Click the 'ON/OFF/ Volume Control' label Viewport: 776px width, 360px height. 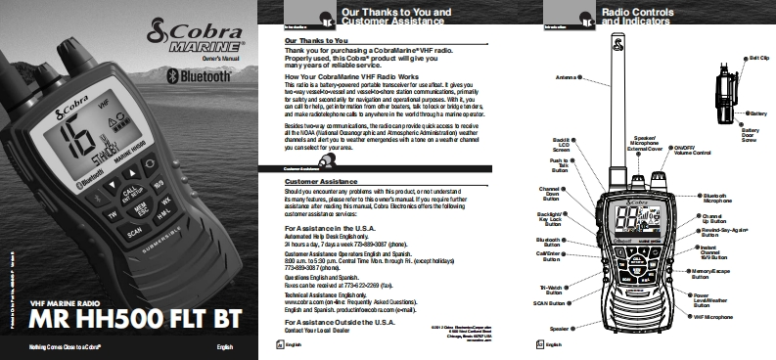(694, 152)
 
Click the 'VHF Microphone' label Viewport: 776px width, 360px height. (713, 318)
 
